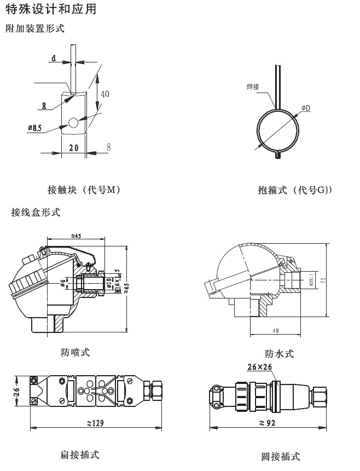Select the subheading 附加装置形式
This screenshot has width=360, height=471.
pyautogui.click(x=34, y=28)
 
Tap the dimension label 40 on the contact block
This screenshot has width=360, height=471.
pyautogui.click(x=104, y=94)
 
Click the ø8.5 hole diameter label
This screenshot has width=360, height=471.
pyautogui.click(x=34, y=128)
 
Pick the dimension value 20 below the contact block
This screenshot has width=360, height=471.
pyautogui.click(x=73, y=148)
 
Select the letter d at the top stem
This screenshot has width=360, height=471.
pyautogui.click(x=54, y=58)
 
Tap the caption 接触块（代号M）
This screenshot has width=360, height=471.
pyautogui.click(x=84, y=190)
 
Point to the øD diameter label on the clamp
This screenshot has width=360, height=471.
pyautogui.click(x=305, y=108)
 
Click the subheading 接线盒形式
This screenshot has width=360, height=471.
pyautogui.click(x=36, y=211)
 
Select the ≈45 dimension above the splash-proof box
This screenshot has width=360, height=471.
pyautogui.click(x=76, y=236)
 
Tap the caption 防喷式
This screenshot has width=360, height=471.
pyautogui.click(x=76, y=352)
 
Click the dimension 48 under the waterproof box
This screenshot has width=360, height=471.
pyautogui.click(x=277, y=331)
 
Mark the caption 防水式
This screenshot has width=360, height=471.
pyautogui.click(x=280, y=354)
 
